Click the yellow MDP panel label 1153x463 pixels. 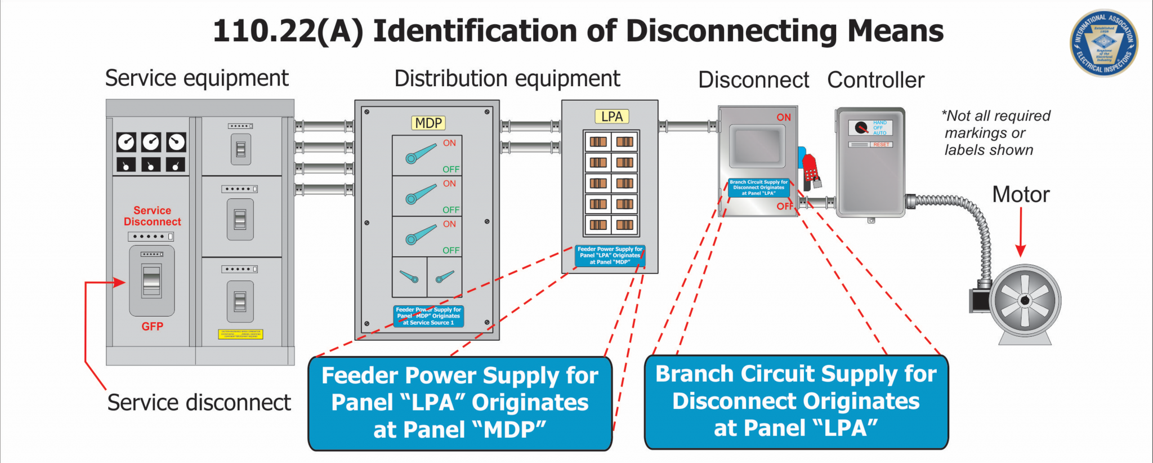[x=428, y=123]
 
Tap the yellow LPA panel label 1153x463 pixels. [x=611, y=117]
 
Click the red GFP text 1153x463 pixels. [x=152, y=326]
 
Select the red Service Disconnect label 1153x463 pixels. [x=152, y=216]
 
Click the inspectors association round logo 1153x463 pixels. [x=1103, y=43]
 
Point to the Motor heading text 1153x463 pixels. [x=1021, y=195]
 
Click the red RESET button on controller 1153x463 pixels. [x=881, y=145]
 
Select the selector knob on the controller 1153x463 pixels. [x=861, y=128]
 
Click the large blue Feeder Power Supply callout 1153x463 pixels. [x=460, y=403]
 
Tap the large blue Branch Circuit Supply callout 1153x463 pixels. [x=796, y=401]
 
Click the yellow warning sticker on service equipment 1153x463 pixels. [x=240, y=334]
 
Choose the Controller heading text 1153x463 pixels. [x=875, y=80]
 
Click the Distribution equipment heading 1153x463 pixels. [x=507, y=79]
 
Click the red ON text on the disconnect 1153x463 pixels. [x=784, y=117]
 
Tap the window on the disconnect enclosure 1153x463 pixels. [x=757, y=146]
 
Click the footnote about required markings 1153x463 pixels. [x=995, y=133]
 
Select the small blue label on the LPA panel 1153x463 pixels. [x=610, y=255]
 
